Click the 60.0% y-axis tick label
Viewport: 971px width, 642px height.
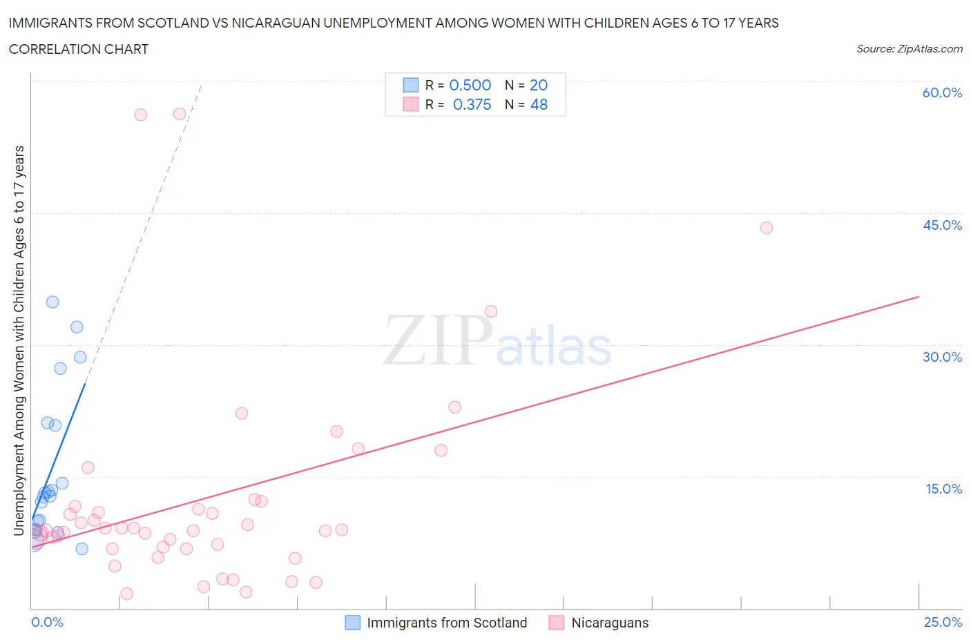point(942,93)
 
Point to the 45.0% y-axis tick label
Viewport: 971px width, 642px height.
point(942,225)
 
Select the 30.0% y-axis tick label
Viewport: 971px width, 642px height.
point(942,357)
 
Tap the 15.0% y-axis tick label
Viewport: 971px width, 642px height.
point(943,489)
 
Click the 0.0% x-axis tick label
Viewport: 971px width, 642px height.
point(47,622)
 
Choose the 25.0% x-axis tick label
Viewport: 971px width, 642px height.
point(943,622)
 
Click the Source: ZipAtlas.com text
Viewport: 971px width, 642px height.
point(909,48)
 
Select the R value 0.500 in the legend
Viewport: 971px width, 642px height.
point(470,85)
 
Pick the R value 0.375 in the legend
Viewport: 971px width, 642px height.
point(472,104)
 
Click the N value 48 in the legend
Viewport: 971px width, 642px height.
point(539,104)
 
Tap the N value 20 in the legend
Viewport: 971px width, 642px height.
point(539,85)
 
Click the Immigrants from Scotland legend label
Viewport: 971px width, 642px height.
point(446,623)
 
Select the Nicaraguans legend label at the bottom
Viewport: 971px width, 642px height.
point(610,623)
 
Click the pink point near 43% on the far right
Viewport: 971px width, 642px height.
point(766,228)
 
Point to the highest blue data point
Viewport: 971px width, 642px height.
point(52,302)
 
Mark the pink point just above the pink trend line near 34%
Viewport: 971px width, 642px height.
point(491,311)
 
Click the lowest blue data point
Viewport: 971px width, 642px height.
point(81,549)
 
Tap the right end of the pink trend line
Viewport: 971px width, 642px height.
point(919,297)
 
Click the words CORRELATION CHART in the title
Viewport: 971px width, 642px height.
point(79,49)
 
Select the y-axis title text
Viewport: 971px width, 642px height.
point(19,340)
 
